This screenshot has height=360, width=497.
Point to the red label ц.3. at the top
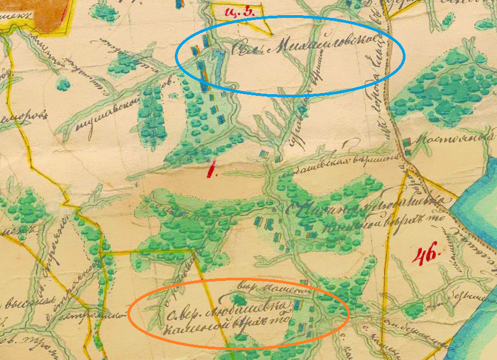pyautogui.click(x=239, y=10)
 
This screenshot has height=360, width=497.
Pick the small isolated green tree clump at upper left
pyautogui.click(x=63, y=83)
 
